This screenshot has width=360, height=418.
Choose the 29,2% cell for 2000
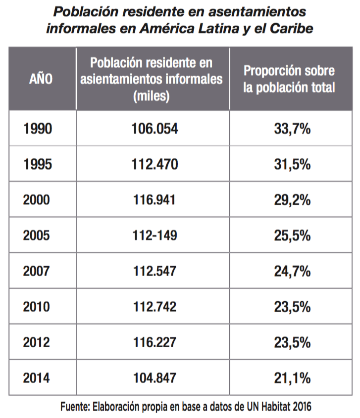[292, 200]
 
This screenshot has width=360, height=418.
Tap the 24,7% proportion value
[292, 271]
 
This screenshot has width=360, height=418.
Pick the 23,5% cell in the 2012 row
[292, 342]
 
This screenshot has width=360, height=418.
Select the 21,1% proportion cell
[292, 378]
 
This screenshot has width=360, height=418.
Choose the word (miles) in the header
[152, 96]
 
